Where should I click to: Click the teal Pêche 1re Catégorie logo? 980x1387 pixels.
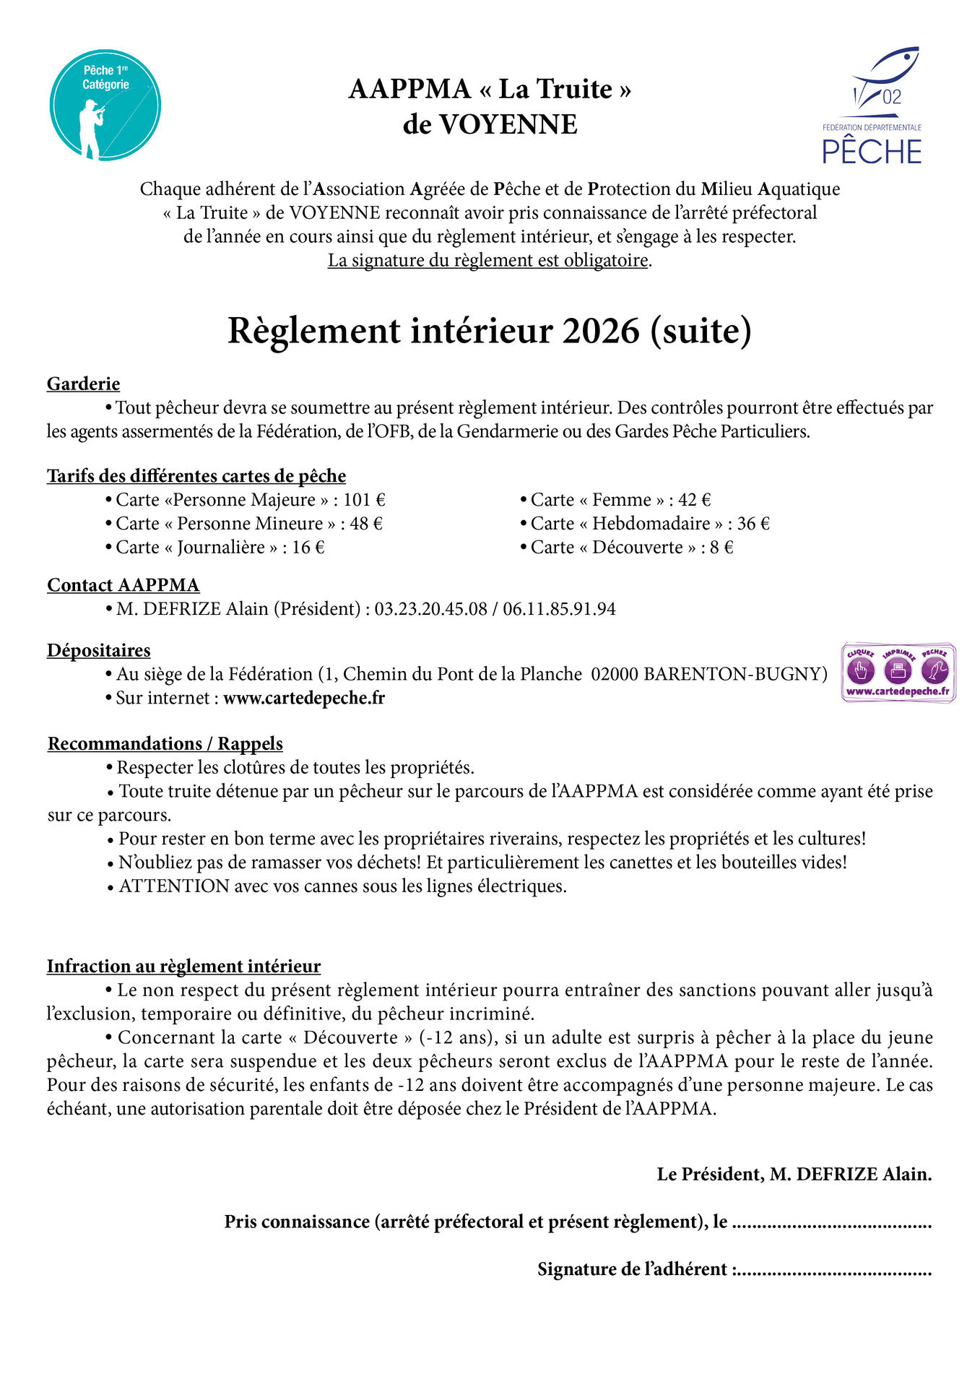coord(105,105)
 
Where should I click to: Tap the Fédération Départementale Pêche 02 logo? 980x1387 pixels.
coord(872,106)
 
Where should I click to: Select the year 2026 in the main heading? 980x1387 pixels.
coord(601,331)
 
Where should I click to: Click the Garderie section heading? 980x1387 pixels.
coord(83,384)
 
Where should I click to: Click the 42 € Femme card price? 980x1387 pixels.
coord(694,500)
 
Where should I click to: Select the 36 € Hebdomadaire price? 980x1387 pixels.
coord(753,524)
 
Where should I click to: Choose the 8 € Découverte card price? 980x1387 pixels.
coord(721,548)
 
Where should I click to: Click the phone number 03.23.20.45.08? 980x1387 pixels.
coord(430,609)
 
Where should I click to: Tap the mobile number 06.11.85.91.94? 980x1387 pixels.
coord(559,609)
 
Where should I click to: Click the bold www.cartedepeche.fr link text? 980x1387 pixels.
coord(304,698)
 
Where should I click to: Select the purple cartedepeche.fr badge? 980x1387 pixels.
coord(898,673)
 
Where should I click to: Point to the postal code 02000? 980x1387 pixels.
coord(615,674)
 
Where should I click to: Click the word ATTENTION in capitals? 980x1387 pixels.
coord(174,886)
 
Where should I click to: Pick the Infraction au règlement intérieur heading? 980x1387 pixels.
coord(183,967)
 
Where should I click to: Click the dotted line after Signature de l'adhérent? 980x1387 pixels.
coord(834,1269)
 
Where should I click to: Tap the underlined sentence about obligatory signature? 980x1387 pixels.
coord(488,260)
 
